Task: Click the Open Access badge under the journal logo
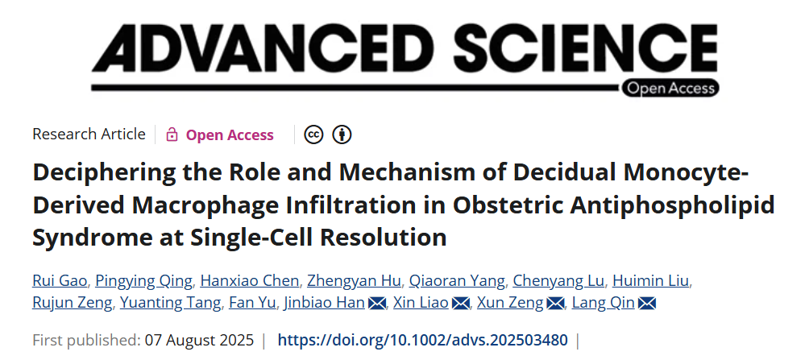tap(670, 88)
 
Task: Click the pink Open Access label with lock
tap(220, 134)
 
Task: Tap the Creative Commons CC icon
tap(313, 134)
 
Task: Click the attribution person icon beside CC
tap(342, 134)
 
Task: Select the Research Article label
tap(89, 134)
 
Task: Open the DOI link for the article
tap(423, 339)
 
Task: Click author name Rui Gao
tap(60, 280)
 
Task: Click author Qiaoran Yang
tap(457, 280)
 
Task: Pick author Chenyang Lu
tap(559, 280)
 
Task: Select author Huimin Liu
tap(650, 280)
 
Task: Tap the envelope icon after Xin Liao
tap(461, 304)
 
